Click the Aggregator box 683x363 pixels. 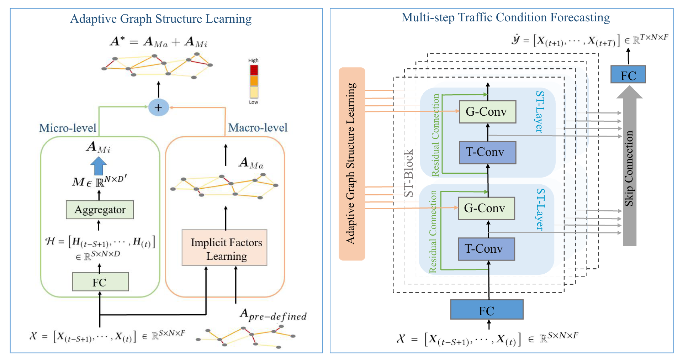point(100,210)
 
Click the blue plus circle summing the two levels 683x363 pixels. point(158,107)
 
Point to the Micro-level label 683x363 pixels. point(68,128)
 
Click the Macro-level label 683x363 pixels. point(258,128)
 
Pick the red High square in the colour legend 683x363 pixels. point(254,70)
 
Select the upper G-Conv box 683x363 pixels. point(487,112)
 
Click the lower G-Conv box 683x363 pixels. point(486,208)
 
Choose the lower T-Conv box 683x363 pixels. point(486,249)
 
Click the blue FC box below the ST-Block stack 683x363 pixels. point(487,310)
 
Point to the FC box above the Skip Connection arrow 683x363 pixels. point(628,74)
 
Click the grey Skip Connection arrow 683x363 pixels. point(629,167)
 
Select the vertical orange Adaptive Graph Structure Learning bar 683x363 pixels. point(352,164)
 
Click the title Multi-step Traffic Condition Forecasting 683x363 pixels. point(505,17)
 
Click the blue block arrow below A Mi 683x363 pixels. point(99,166)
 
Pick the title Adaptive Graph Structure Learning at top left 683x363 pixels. point(161,19)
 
